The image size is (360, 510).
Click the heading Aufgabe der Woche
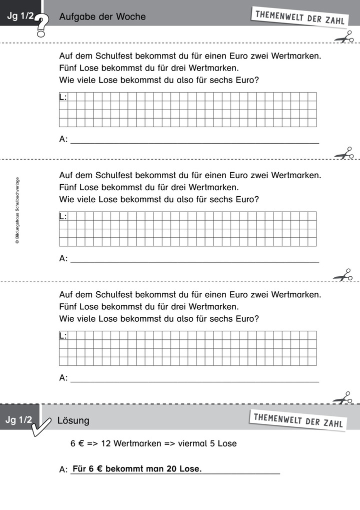point(102,17)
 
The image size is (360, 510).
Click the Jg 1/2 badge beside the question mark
point(20,17)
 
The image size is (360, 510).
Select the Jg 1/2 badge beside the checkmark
point(18,420)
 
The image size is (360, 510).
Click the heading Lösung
point(73,420)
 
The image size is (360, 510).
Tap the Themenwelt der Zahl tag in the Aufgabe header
point(299,17)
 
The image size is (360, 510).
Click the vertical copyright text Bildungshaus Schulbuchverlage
point(17,210)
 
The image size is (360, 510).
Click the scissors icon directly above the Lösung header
point(343,398)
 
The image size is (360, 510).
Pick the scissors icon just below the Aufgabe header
point(343,38)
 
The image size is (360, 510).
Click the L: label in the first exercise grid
point(63,97)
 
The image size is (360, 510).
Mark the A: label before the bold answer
point(63,469)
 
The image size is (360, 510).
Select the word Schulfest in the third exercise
point(108,295)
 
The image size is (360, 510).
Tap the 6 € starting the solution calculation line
point(77,443)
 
